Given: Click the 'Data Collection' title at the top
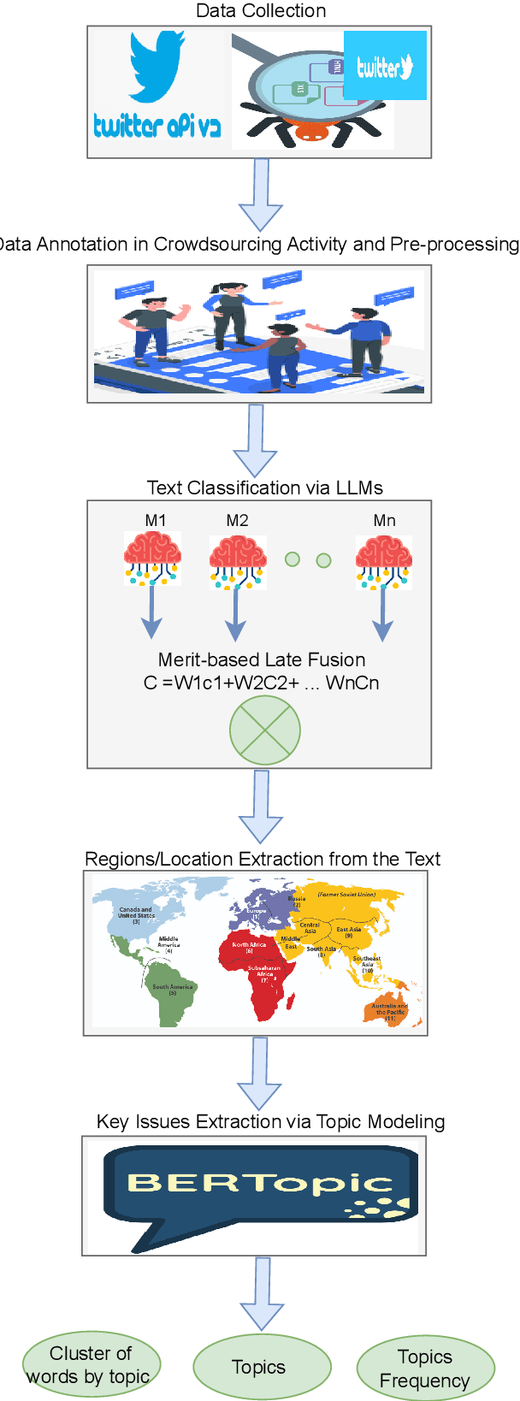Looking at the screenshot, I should tap(261, 11).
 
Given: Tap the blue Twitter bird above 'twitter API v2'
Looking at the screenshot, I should tap(157, 66).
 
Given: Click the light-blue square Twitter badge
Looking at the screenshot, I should tap(385, 66).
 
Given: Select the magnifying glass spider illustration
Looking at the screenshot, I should tap(299, 94).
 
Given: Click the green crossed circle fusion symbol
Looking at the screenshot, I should tap(265, 730).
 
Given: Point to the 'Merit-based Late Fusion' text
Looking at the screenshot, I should tap(262, 659).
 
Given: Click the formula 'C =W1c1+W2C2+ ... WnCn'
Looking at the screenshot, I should tap(262, 683).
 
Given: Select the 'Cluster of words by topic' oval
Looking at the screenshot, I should tap(91, 1364).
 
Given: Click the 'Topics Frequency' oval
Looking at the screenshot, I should tap(425, 1368).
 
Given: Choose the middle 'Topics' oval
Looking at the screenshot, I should tap(262, 1367).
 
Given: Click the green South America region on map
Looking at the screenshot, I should tap(171, 996).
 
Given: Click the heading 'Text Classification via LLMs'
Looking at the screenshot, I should tap(264, 488).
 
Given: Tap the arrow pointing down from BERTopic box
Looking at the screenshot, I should tap(262, 1292).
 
